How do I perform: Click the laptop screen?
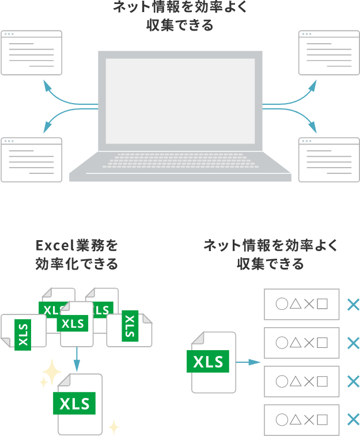(x=180, y=101)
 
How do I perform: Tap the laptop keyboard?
(x=180, y=160)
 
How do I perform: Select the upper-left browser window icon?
(x=31, y=52)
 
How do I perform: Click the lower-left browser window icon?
(x=31, y=160)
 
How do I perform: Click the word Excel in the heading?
(x=52, y=246)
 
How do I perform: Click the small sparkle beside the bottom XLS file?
(x=114, y=427)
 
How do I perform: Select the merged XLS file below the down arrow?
(x=80, y=403)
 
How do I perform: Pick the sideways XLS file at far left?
(x=23, y=331)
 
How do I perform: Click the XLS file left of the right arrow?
(x=214, y=362)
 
